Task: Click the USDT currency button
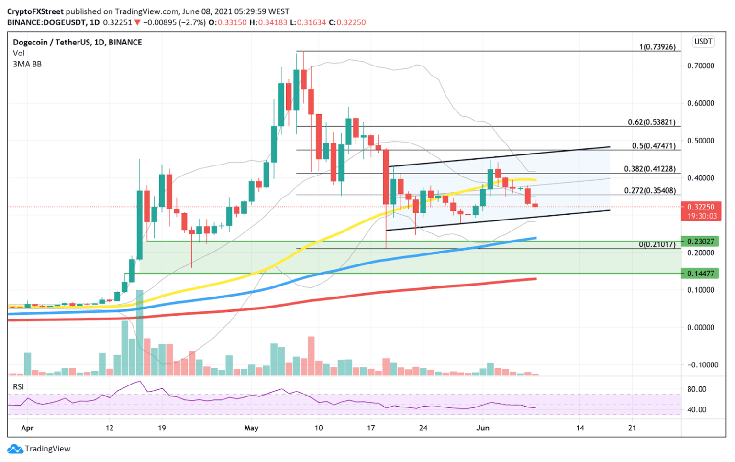pos(702,42)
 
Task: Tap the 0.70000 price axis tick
pos(701,66)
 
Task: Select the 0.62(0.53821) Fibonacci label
pos(651,122)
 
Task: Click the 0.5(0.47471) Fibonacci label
pos(654,146)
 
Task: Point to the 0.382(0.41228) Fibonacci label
pos(650,169)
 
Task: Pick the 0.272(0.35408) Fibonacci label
pos(650,191)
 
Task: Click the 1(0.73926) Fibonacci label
pos(657,47)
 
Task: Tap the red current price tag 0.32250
pos(701,207)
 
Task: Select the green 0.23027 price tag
pos(701,242)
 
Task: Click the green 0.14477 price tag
pos(701,274)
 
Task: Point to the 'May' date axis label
pos(251,428)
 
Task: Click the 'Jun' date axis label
pos(483,428)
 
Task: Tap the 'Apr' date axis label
pos(27,428)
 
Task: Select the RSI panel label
pos(18,386)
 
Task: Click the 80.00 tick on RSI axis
pos(697,389)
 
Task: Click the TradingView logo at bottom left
pos(39,449)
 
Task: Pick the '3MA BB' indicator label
pos(27,64)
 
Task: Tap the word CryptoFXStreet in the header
pos(35,11)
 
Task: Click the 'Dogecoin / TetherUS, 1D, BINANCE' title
pos(78,42)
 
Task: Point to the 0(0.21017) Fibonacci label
pos(657,244)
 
